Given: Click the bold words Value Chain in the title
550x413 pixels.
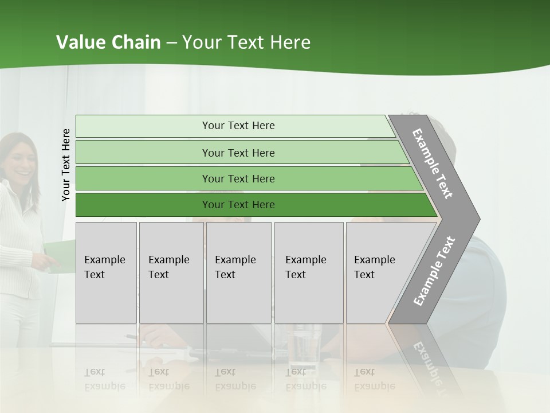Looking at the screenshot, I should [108, 42].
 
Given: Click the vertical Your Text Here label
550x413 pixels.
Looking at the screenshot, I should [66, 165].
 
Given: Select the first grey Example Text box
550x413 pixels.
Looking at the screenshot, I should [106, 272].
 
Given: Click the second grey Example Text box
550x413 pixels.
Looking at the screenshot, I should [171, 272].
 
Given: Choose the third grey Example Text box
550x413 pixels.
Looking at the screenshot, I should [238, 272].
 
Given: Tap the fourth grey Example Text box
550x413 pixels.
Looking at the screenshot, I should [308, 272].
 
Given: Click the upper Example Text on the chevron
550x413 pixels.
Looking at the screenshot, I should [433, 163].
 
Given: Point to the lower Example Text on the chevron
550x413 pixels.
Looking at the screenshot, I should [434, 271].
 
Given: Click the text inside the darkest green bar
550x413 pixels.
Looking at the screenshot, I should [238, 205].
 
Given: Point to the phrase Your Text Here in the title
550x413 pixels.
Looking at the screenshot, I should [246, 42].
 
